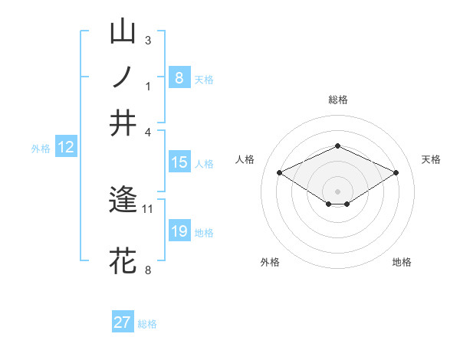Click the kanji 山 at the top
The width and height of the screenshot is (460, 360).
coord(123,32)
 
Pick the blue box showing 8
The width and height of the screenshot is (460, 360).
coord(179,77)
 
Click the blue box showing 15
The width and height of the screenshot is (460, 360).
coord(179,162)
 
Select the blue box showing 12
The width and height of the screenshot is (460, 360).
coord(66,148)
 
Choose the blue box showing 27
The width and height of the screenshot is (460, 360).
coord(123,322)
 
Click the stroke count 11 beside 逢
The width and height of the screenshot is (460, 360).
coord(148,208)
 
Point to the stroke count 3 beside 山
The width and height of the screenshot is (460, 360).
coord(148,40)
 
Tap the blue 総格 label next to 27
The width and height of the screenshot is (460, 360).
coord(147,324)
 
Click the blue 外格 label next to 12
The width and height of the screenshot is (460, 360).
coord(41,149)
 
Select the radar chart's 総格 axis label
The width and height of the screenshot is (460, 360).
coord(338,100)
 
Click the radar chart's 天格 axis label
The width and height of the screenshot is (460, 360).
coord(431,159)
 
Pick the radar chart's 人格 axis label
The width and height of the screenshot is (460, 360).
coord(245,159)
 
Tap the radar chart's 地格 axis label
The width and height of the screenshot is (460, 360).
coord(402,262)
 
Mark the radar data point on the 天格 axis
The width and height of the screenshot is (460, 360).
coord(396,173)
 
